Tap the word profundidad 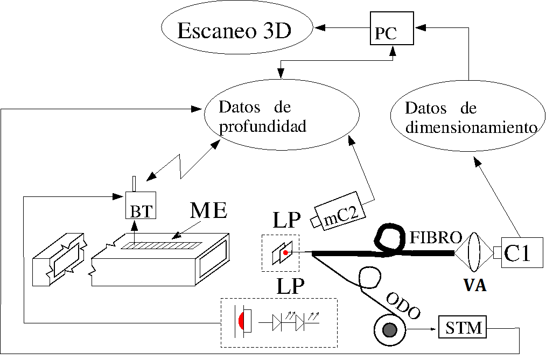[262, 126]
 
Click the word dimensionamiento [472, 128]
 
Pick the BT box [141, 206]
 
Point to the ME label [208, 210]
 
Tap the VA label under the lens [475, 285]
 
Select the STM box [463, 327]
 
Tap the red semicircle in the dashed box [245, 321]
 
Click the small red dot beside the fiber [286, 252]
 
